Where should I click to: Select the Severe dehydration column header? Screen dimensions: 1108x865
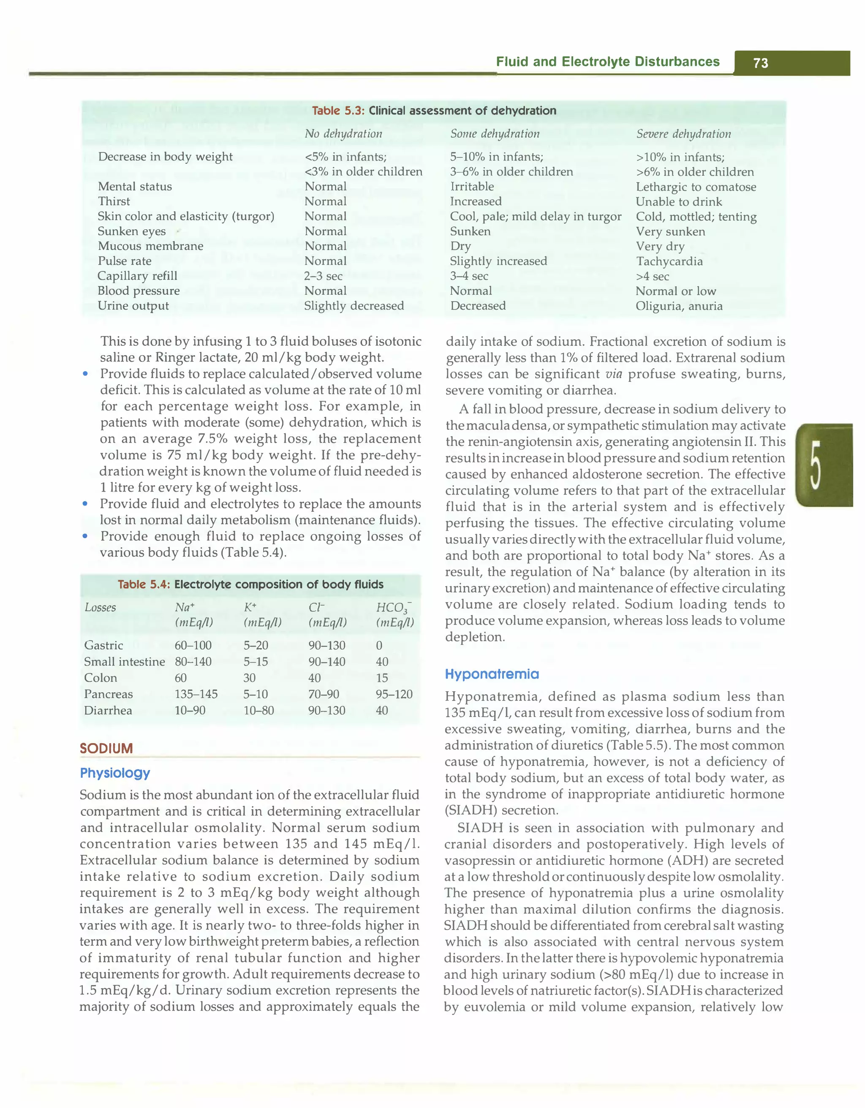(x=683, y=134)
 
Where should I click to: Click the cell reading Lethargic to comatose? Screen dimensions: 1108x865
(x=696, y=187)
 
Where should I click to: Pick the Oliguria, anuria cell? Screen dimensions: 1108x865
(x=679, y=306)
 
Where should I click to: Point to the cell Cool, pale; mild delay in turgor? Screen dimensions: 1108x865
(x=535, y=217)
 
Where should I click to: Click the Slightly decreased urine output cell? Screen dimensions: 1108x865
(x=354, y=306)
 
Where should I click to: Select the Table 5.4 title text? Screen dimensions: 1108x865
(x=250, y=584)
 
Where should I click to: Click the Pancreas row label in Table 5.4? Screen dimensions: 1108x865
(x=108, y=694)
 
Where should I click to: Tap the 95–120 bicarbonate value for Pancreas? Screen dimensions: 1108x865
(x=394, y=694)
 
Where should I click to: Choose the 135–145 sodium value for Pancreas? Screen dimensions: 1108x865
(x=196, y=694)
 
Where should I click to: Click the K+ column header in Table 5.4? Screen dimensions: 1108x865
(x=250, y=607)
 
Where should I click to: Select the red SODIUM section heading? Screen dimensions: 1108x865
(x=106, y=748)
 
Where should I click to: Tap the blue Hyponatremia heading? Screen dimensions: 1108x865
(x=492, y=674)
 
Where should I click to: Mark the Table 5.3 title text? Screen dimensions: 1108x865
(x=434, y=111)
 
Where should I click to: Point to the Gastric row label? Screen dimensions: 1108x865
(x=103, y=645)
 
